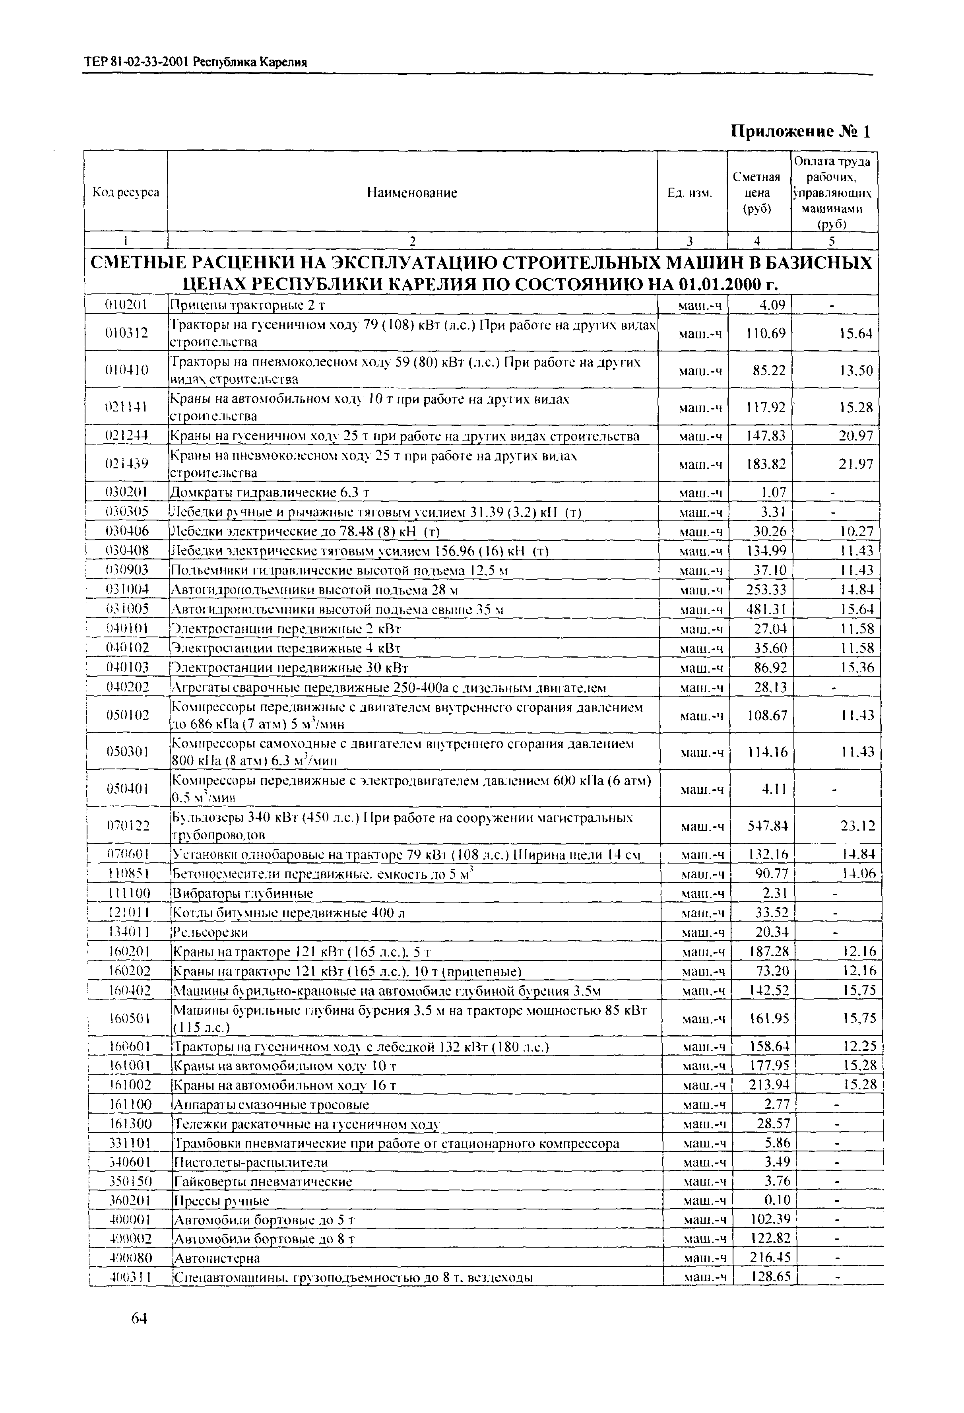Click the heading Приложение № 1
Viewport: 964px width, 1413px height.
pos(801,131)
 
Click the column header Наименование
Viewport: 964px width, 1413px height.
pos(411,193)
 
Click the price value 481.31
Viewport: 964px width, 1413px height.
pos(766,609)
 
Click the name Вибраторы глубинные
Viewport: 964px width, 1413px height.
pos(243,893)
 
